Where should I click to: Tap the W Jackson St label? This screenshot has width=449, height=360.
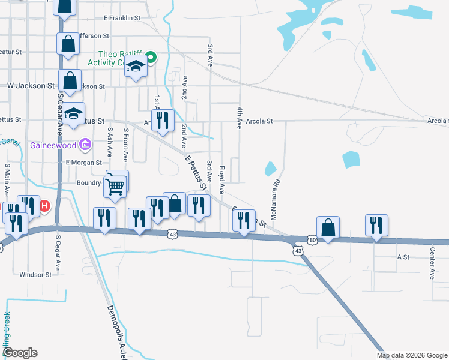pyautogui.click(x=31, y=86)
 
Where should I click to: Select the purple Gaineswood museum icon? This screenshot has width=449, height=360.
pyautogui.click(x=85, y=145)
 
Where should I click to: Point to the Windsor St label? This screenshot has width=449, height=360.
pyautogui.click(x=35, y=275)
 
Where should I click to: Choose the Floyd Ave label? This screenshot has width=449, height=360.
pyautogui.click(x=221, y=179)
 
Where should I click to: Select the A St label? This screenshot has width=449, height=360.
pyautogui.click(x=403, y=256)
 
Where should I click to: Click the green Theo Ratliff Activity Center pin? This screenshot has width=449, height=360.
pyautogui.click(x=151, y=58)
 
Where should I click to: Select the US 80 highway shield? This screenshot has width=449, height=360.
pyautogui.click(x=313, y=240)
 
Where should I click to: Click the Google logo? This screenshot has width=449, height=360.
pyautogui.click(x=20, y=353)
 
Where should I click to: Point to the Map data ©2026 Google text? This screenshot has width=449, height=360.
pyautogui.click(x=411, y=355)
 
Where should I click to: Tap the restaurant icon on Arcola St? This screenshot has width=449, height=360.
pyautogui.click(x=162, y=121)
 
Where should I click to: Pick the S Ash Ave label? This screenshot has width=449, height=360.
pyautogui.click(x=110, y=142)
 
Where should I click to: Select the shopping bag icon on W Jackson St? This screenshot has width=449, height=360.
pyautogui.click(x=70, y=81)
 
